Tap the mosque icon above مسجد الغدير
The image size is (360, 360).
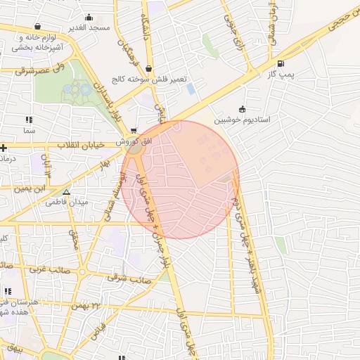pos(89,18)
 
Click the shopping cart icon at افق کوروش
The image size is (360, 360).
pos(134,131)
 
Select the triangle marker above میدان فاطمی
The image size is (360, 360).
pos(66,191)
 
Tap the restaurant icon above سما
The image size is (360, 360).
pos(29,120)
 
